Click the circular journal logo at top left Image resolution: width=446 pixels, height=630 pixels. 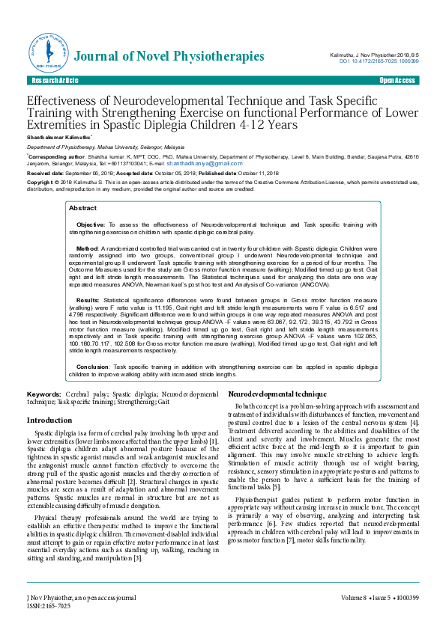click(x=48, y=51)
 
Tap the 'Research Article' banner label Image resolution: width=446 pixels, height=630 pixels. click(x=54, y=80)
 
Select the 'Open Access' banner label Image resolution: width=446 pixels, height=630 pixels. click(x=397, y=80)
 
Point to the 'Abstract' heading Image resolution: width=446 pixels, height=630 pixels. click(x=82, y=208)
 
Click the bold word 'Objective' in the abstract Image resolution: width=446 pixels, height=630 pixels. click(x=91, y=224)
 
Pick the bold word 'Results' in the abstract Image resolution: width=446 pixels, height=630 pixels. click(x=88, y=299)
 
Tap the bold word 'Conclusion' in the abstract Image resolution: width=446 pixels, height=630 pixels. click(x=93, y=367)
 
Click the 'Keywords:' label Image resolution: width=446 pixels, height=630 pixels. click(x=44, y=394)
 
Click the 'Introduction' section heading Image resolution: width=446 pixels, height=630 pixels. click(x=49, y=420)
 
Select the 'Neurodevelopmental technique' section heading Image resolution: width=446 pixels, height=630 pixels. click(x=277, y=393)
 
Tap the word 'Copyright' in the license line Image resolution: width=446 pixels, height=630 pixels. click(x=41, y=182)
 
